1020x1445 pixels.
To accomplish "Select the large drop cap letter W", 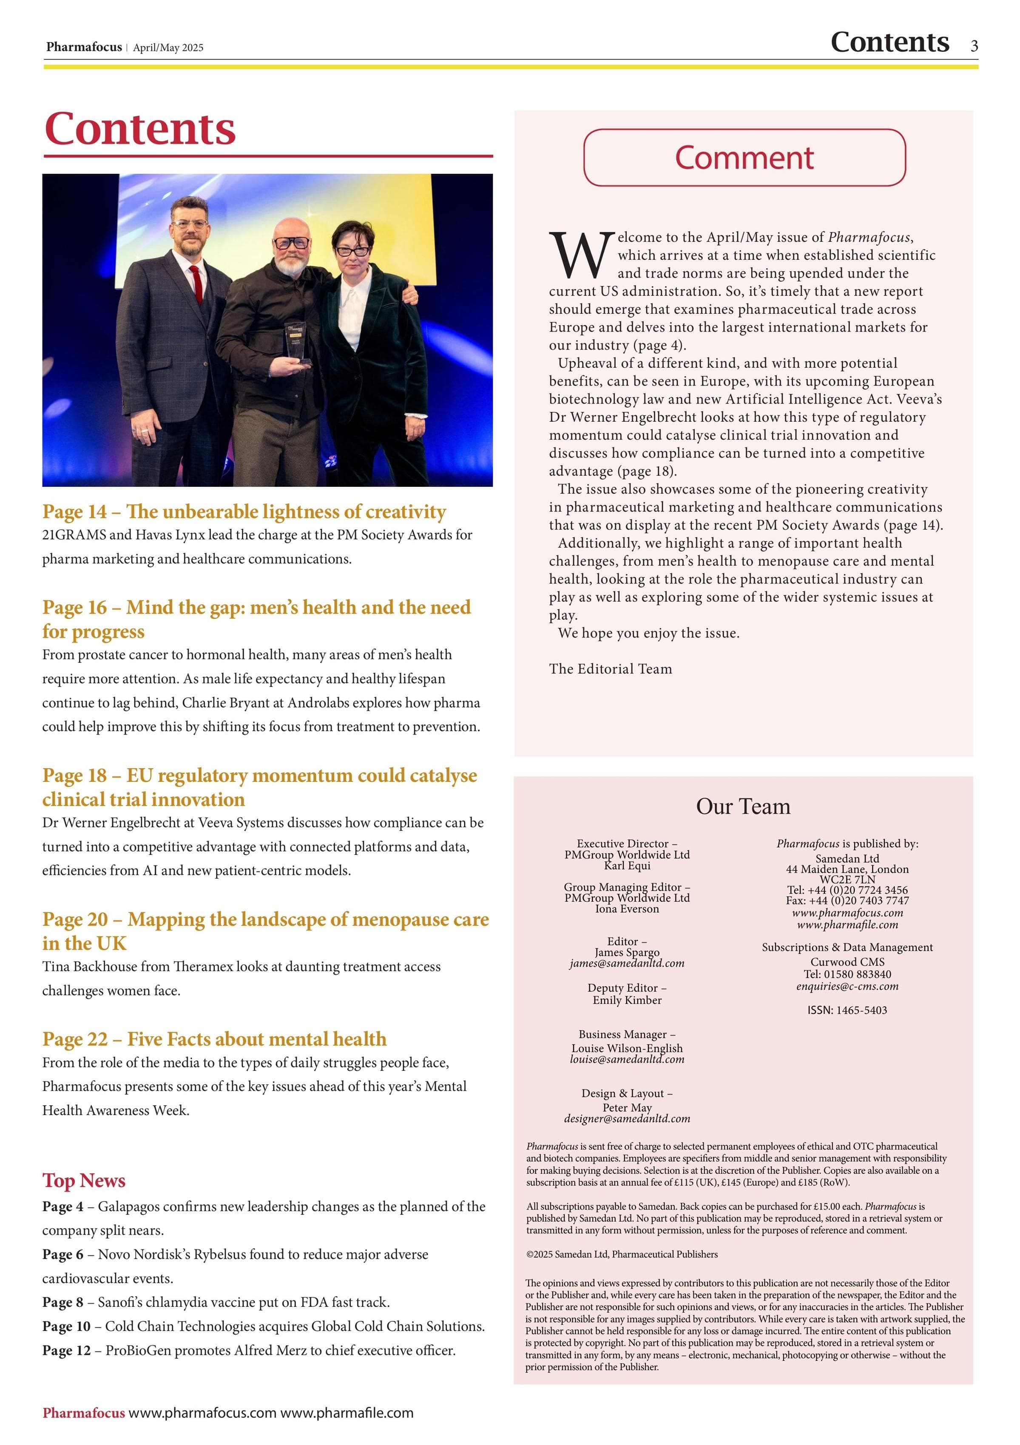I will (580, 256).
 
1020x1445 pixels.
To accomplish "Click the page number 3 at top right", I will (973, 46).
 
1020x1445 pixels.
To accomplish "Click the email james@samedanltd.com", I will (627, 963).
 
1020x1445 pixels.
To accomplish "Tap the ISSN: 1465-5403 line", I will (847, 1010).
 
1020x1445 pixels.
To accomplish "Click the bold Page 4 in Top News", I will (63, 1207).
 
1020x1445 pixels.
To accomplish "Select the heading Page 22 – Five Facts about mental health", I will (214, 1039).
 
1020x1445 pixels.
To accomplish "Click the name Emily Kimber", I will (627, 1000).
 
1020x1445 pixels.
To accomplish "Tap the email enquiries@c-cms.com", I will (847, 986).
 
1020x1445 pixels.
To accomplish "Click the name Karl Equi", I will (627, 866).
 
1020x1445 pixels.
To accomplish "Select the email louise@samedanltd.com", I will (627, 1059).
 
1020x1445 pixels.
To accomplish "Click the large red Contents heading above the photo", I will (140, 128).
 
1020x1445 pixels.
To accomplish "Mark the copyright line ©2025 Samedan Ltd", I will (622, 1254).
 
